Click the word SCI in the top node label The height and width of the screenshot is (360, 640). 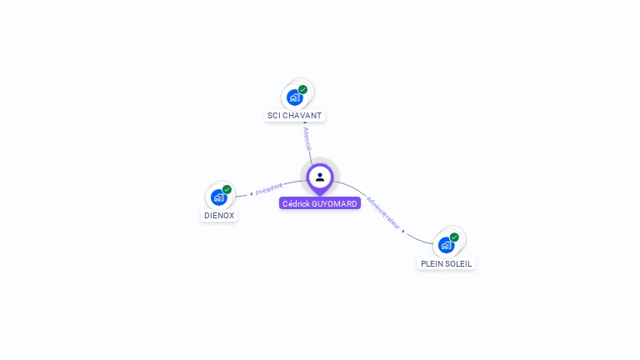(x=274, y=116)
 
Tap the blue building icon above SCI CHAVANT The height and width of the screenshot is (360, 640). (x=294, y=97)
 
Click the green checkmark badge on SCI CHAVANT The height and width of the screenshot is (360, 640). (x=302, y=89)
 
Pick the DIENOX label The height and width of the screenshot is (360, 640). (x=219, y=215)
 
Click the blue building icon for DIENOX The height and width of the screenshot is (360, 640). (x=218, y=197)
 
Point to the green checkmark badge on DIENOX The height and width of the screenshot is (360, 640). (x=227, y=189)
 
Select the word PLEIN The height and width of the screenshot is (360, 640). (x=433, y=263)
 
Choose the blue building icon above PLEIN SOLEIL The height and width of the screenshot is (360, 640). (x=446, y=245)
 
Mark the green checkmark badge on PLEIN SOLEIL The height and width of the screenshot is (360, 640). (x=454, y=237)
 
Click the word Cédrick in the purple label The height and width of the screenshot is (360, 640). (x=296, y=203)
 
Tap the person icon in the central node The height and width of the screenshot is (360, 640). (x=320, y=177)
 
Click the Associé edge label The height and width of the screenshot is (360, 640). (x=307, y=138)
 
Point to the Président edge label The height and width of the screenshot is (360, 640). (x=269, y=188)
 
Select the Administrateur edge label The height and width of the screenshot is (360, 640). (x=383, y=213)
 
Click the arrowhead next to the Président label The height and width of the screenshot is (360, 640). (x=251, y=193)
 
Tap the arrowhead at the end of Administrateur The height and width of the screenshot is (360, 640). (x=403, y=231)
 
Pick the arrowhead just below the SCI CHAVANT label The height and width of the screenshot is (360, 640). (x=304, y=123)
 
